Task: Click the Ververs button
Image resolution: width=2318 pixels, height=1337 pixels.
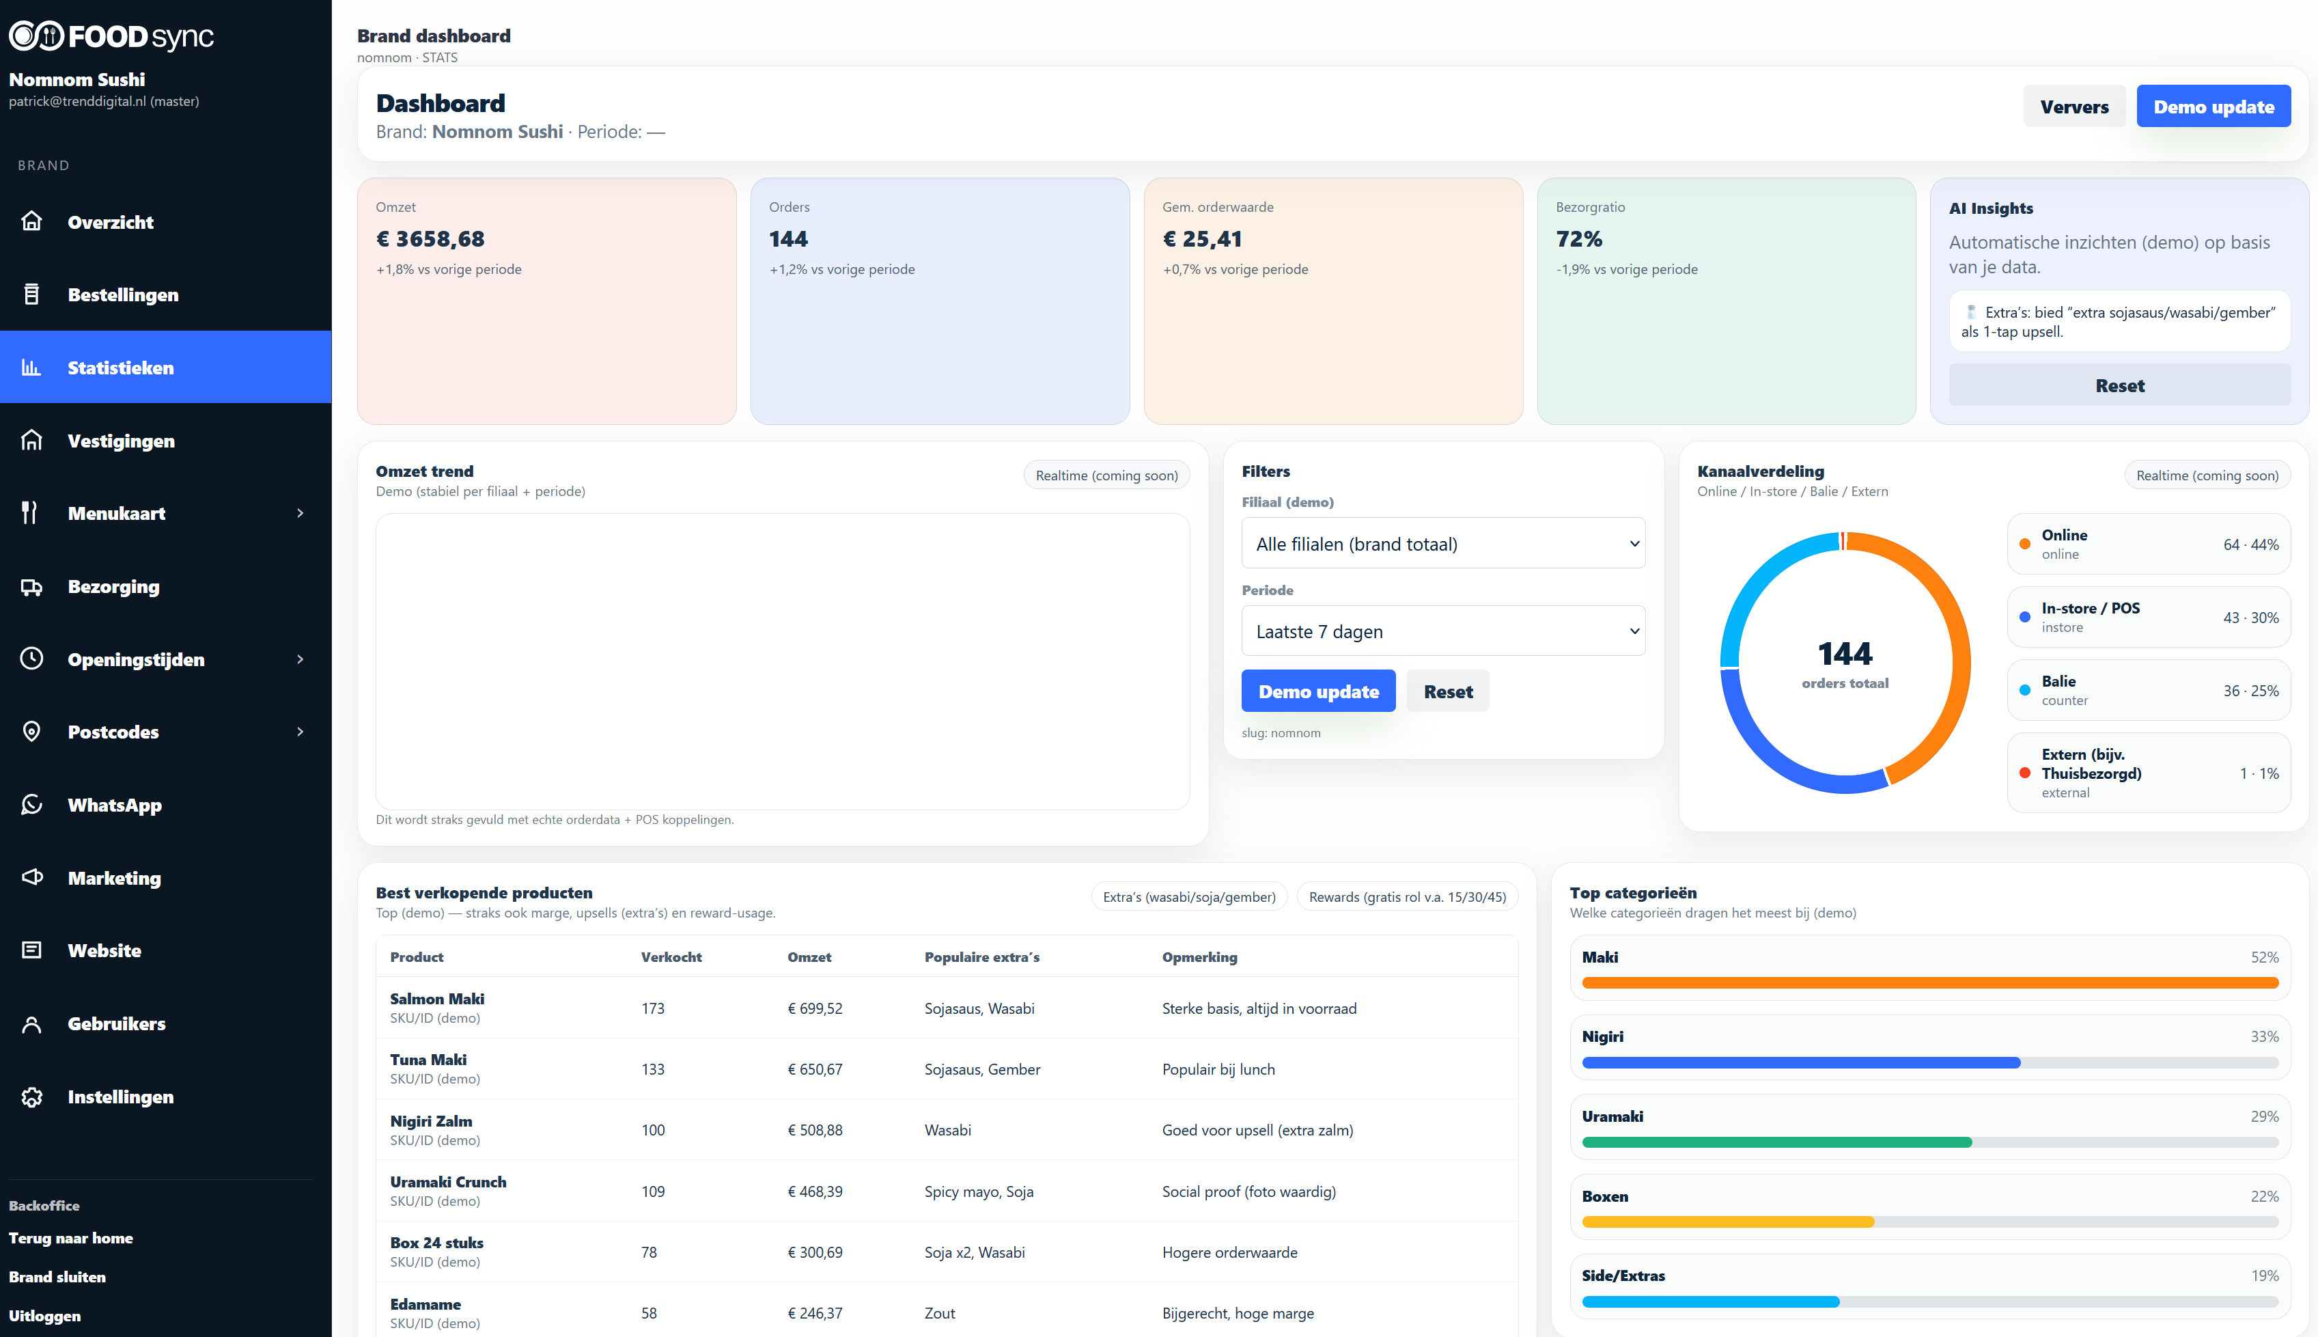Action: point(2073,107)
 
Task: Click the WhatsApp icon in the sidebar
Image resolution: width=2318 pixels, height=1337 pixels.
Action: point(32,804)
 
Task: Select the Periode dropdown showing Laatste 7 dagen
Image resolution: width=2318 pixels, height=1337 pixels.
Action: point(1442,631)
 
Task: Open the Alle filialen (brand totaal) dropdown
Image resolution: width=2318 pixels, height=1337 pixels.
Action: point(1442,544)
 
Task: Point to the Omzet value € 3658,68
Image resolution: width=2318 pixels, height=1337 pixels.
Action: point(430,238)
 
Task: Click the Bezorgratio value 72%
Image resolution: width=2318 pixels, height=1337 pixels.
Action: point(1579,238)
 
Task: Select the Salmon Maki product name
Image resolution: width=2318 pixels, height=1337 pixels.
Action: point(437,998)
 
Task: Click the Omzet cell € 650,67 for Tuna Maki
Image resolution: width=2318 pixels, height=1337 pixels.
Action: point(814,1069)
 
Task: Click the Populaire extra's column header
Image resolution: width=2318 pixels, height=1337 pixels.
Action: point(981,957)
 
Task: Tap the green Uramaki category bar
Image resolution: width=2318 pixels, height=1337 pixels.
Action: point(1776,1142)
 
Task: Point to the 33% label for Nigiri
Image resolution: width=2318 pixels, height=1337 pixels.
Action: point(2264,1036)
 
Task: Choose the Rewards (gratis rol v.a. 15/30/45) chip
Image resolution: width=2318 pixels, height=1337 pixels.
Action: point(1406,897)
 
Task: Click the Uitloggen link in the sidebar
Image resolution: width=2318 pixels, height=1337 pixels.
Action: point(45,1315)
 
